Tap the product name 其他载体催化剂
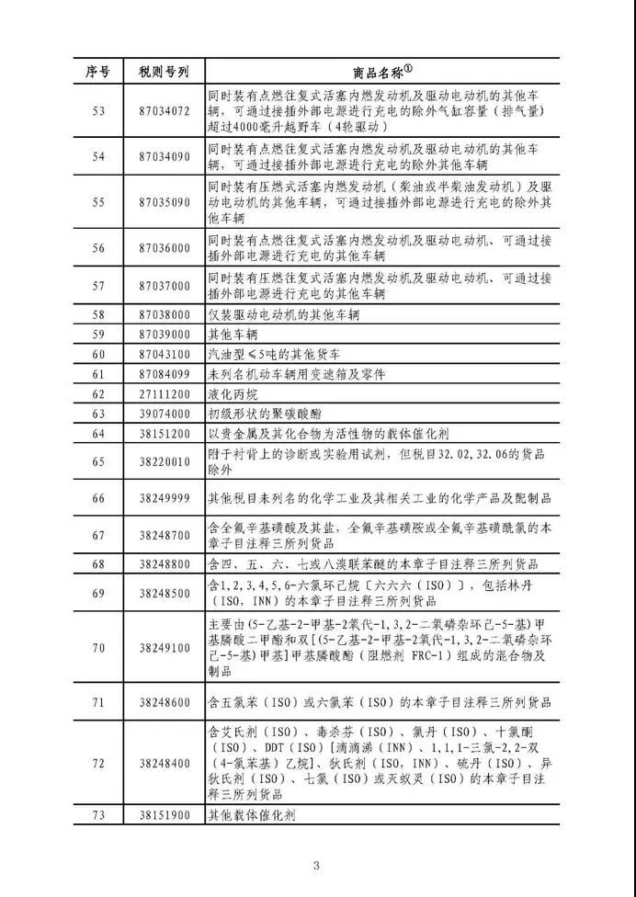tap(252, 815)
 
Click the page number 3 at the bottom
tap(316, 865)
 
